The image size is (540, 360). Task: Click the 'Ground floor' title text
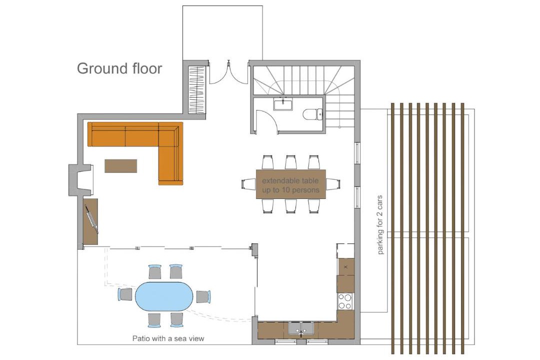click(119, 68)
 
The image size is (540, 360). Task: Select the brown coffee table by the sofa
click(121, 165)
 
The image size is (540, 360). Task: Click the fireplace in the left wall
click(81, 180)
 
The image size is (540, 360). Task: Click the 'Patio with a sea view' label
click(168, 338)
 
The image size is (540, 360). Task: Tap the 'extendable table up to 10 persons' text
click(290, 185)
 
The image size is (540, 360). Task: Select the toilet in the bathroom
click(312, 114)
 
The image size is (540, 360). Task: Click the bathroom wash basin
click(283, 104)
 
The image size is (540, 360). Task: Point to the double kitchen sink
click(301, 329)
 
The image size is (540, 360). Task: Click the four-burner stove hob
click(345, 301)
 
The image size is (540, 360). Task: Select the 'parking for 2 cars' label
click(380, 225)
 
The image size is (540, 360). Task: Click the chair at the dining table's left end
click(249, 184)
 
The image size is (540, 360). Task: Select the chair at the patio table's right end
click(203, 296)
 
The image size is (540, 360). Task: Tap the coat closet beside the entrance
click(197, 90)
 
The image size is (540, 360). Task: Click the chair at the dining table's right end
click(333, 184)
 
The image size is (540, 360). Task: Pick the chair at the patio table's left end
click(125, 294)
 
